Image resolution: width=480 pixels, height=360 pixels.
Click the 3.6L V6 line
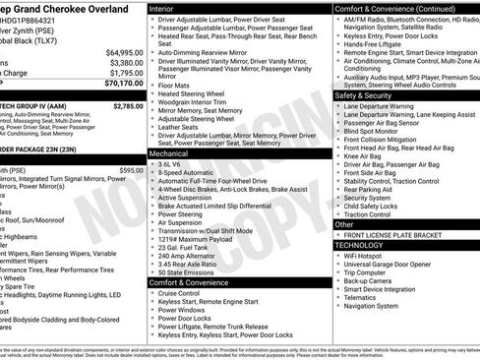(x=173, y=164)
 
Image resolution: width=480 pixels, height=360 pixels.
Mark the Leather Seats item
(x=178, y=127)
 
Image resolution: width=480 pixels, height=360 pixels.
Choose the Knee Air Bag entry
(x=364, y=155)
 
